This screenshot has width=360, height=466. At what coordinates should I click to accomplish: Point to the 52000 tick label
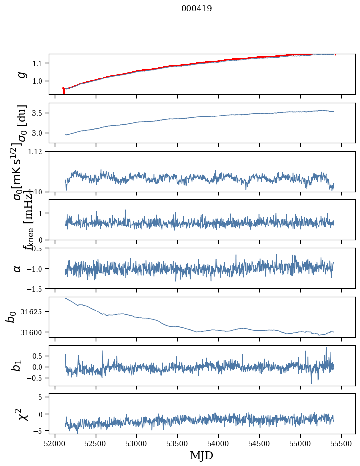55,443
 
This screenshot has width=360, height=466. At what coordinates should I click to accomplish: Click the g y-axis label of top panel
21,74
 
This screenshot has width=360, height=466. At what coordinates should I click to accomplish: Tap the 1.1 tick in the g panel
39,63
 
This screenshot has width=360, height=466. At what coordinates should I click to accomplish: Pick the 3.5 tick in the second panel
39,113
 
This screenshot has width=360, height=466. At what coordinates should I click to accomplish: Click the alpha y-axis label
17,268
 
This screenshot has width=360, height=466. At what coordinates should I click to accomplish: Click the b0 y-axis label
11,317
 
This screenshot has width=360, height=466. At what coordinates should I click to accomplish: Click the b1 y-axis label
17,365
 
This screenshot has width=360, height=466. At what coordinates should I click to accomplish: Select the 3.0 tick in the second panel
39,133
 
